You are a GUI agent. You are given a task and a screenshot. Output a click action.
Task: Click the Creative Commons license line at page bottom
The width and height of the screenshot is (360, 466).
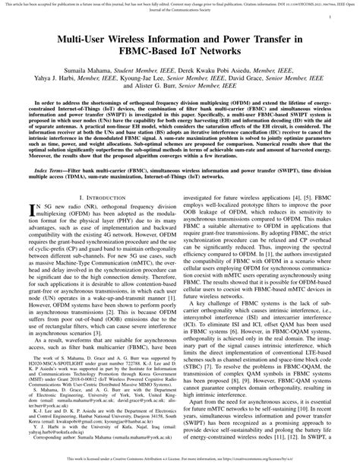[x=180, y=460]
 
